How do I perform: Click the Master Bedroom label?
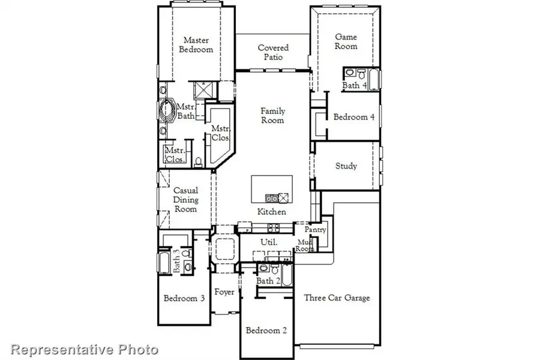196,45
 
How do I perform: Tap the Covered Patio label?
273,52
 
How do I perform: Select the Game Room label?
346,41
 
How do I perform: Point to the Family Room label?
272,115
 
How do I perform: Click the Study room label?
346,166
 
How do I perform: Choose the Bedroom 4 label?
354,117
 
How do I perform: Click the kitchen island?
272,190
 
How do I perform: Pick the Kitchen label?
271,212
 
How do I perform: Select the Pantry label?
315,229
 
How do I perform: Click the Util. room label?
268,241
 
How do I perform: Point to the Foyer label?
224,292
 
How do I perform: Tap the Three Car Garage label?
337,298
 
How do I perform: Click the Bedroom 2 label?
266,330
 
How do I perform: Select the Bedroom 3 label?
185,298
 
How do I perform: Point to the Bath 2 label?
268,281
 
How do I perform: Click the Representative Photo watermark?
85,349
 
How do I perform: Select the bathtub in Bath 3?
164,262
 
